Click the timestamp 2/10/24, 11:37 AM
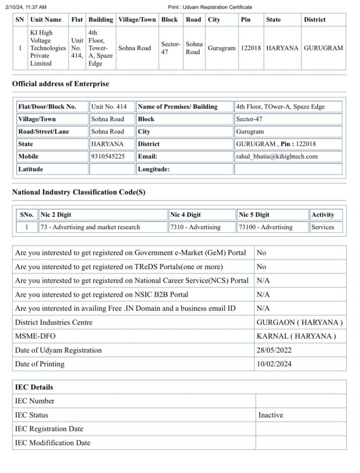click(x=26, y=7)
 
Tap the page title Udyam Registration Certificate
click(x=210, y=7)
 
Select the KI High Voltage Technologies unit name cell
click(x=48, y=48)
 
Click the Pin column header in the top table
click(x=246, y=19)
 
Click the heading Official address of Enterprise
click(x=60, y=84)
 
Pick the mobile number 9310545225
click(x=108, y=157)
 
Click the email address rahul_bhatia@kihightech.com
click(x=276, y=157)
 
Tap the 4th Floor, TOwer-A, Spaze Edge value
click(x=280, y=107)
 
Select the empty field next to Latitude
click(x=112, y=169)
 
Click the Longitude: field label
click(x=154, y=169)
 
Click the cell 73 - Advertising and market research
click(x=90, y=227)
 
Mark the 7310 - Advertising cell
click(x=195, y=227)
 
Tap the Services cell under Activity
click(x=323, y=227)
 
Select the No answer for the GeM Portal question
click(x=261, y=253)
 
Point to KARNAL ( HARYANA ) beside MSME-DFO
click(x=296, y=336)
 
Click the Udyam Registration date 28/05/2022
click(x=274, y=350)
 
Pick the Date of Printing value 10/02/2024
click(x=274, y=364)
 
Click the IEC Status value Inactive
click(x=270, y=415)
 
